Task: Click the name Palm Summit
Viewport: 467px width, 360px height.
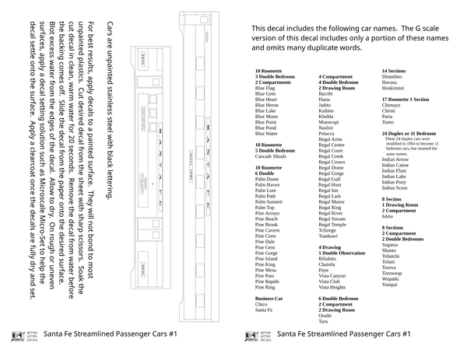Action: (269, 201)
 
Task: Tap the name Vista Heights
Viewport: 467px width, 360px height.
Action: (332, 287)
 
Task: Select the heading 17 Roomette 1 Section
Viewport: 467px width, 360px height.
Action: (405, 100)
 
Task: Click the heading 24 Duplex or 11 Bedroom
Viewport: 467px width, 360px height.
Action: (409, 133)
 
